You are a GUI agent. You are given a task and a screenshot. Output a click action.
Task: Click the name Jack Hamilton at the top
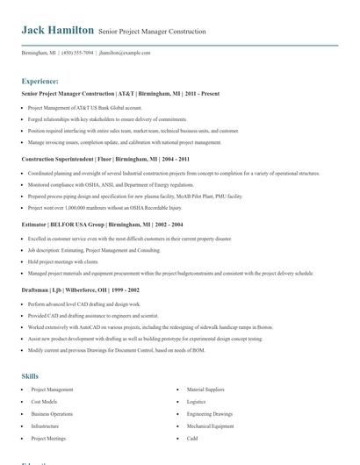click(x=57, y=30)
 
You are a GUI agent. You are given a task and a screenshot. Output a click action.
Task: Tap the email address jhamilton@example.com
click(x=125, y=53)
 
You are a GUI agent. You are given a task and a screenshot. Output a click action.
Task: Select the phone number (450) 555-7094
click(x=76, y=53)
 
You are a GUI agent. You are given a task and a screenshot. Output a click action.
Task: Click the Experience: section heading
click(x=40, y=81)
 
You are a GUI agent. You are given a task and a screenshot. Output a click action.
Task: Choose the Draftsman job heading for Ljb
click(x=81, y=289)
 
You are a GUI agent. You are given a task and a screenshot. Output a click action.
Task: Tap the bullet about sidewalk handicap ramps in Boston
click(x=145, y=325)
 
